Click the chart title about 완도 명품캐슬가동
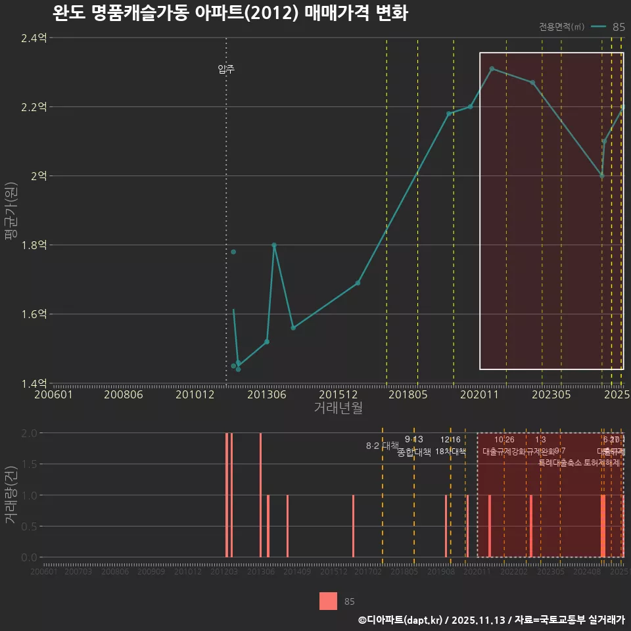pos(230,14)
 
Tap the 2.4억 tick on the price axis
pos(34,38)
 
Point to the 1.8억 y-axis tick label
pos(34,245)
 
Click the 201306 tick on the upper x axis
pos(266,394)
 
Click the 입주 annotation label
pos(226,69)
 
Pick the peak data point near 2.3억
pos(492,68)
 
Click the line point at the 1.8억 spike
pos(274,245)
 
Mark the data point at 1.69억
pos(358,283)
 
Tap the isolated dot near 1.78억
pos(233,252)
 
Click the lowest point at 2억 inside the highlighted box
pos(601,176)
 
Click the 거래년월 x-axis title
pos(338,408)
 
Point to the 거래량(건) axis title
pos(10,495)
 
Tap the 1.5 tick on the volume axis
pos(30,464)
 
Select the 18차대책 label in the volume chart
pos(451,452)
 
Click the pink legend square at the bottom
pos(328,601)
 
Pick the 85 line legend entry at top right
pos(608,27)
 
